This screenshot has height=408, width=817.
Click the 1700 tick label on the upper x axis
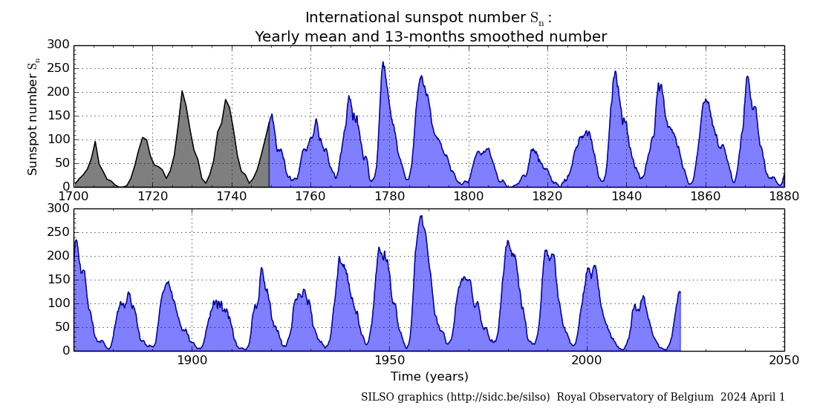[x=74, y=197]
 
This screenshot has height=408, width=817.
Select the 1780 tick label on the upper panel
[x=389, y=197]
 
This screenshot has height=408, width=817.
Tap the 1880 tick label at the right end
[x=784, y=197]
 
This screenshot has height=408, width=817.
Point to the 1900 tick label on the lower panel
[x=192, y=361]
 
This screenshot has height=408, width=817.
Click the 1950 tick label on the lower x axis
[x=389, y=361]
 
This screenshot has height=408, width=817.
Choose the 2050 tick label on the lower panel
[x=784, y=361]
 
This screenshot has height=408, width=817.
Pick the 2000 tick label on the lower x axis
[x=586, y=361]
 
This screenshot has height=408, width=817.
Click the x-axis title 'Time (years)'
[x=429, y=377]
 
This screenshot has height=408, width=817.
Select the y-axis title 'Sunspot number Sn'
[x=33, y=116]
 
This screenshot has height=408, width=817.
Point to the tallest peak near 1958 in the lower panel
[x=421, y=216]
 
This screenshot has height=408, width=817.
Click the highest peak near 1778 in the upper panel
[x=383, y=62]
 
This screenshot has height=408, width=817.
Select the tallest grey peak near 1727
[x=182, y=91]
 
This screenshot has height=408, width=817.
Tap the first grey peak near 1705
[x=95, y=141]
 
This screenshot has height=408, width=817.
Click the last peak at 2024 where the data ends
[x=679, y=292]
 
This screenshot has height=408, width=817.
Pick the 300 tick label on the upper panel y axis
[x=59, y=45]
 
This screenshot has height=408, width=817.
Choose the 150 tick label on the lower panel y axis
[x=59, y=280]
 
